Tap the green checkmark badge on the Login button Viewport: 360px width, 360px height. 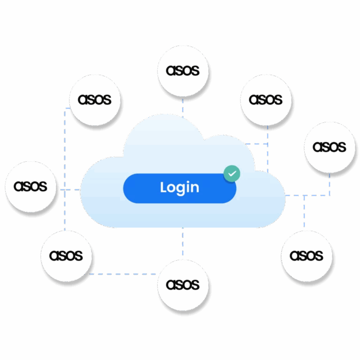pyautogui.click(x=232, y=173)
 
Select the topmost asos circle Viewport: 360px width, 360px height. pyautogui.click(x=183, y=71)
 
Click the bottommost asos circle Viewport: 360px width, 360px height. pyautogui.click(x=183, y=285)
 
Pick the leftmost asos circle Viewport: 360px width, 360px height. pyautogui.click(x=30, y=187)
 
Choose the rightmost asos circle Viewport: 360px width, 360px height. pyautogui.click(x=330, y=147)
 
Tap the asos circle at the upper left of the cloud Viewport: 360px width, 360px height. pyautogui.click(x=95, y=100)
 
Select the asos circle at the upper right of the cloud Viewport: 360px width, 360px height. pyautogui.click(x=266, y=100)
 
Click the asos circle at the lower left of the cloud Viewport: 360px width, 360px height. pyautogui.click(x=66, y=256)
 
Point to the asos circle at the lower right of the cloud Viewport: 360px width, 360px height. pyautogui.click(x=307, y=256)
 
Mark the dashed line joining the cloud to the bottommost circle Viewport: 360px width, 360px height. pyautogui.click(x=183, y=244)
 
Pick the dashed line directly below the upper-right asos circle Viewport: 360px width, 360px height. pyautogui.click(x=268, y=141)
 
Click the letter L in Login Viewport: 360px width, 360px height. pyautogui.click(x=164, y=187)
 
